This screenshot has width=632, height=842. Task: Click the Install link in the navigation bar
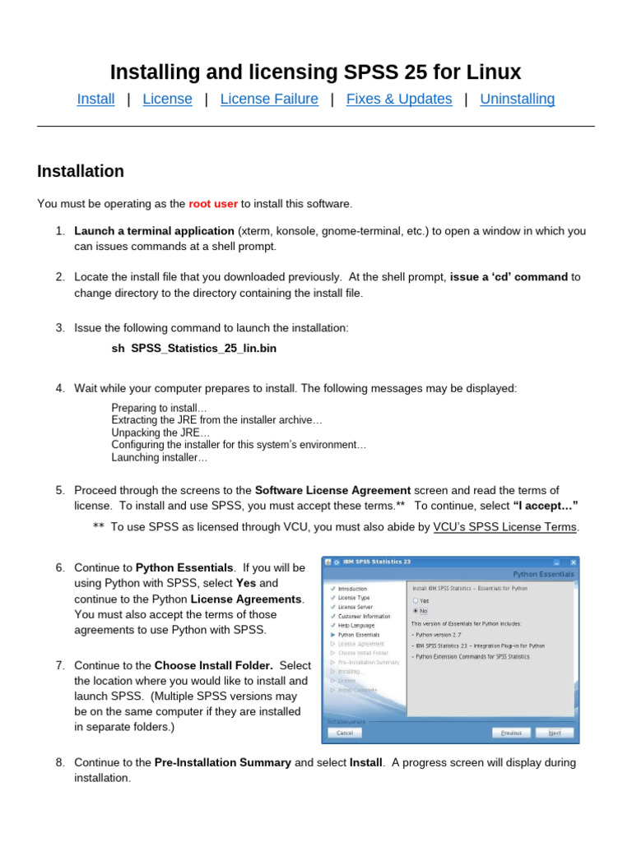click(95, 99)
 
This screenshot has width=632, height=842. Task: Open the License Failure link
click(269, 99)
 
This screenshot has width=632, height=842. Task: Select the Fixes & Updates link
click(399, 99)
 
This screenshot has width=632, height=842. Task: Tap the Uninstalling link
click(518, 99)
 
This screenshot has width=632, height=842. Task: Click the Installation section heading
click(81, 172)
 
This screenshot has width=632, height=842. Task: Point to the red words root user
click(213, 204)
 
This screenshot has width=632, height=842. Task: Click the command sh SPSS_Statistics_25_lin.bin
click(194, 349)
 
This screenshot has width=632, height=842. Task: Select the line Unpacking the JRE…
click(160, 433)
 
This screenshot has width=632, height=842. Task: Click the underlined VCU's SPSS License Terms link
click(506, 527)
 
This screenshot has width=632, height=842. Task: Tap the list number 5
click(60, 490)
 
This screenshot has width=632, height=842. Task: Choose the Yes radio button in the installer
click(416, 601)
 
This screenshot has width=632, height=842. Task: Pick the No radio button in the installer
click(416, 611)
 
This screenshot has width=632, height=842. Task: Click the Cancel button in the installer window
click(345, 732)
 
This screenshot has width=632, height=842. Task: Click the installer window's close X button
click(573, 562)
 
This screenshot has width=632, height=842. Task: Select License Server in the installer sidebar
click(355, 607)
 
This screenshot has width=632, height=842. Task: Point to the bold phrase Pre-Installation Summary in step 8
click(223, 762)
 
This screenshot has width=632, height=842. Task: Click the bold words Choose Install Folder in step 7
click(213, 665)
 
